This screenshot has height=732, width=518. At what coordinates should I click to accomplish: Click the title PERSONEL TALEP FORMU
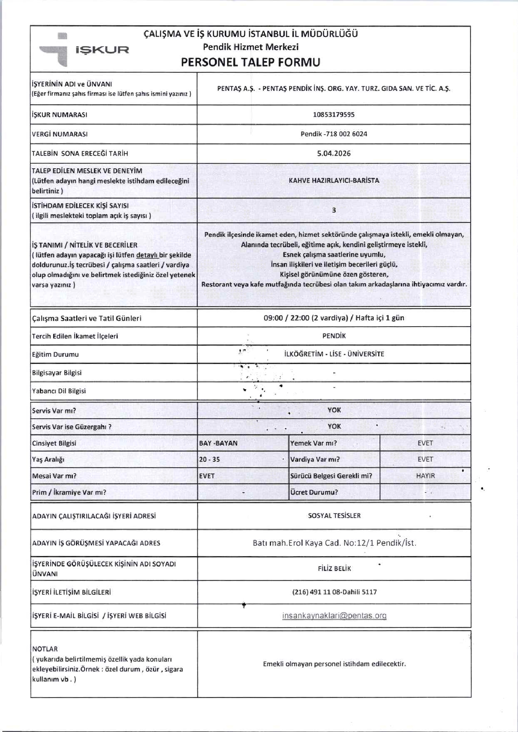[250, 62]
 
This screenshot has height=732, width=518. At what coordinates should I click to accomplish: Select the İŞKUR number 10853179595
[334, 115]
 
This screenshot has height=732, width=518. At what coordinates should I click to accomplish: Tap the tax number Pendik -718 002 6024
[334, 134]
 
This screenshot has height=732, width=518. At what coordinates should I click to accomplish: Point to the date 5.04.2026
[334, 154]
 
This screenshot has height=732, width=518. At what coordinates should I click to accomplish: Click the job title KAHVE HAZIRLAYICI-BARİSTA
[334, 181]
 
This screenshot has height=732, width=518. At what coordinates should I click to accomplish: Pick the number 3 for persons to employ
[334, 210]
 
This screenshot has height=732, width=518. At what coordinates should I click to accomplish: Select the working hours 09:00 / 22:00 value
[334, 318]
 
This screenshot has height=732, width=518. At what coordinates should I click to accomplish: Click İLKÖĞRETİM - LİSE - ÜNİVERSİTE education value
[334, 354]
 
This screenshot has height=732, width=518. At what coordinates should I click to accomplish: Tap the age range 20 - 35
[209, 460]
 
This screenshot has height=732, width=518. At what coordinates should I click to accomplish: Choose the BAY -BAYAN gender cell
[218, 443]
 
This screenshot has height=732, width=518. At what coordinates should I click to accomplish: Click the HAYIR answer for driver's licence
[425, 476]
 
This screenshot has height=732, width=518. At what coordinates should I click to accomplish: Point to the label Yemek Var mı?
[314, 443]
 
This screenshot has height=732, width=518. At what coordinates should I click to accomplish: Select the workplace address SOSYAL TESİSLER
[334, 516]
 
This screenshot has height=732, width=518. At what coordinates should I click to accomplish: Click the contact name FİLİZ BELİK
[334, 569]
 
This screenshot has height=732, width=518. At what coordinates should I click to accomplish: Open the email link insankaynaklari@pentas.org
[334, 616]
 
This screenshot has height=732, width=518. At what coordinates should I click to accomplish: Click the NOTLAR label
[45, 649]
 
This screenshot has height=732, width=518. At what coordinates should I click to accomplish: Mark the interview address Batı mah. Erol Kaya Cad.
[334, 543]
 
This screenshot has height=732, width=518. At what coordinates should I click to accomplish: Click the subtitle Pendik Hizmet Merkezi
[251, 47]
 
